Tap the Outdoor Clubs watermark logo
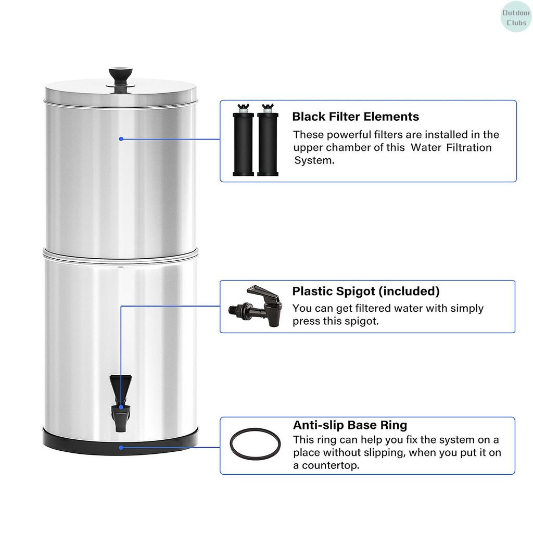coord(516,17)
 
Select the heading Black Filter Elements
coord(356,117)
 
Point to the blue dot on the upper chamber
coord(121,139)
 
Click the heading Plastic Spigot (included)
coord(366,291)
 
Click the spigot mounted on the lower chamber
coord(121,403)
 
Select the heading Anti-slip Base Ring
coord(350,425)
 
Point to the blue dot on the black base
coord(121,447)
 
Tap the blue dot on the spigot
coord(121,407)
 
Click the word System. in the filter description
coord(314,160)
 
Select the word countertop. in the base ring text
coord(331,466)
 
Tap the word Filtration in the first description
coord(469,147)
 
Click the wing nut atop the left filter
coord(244,107)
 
